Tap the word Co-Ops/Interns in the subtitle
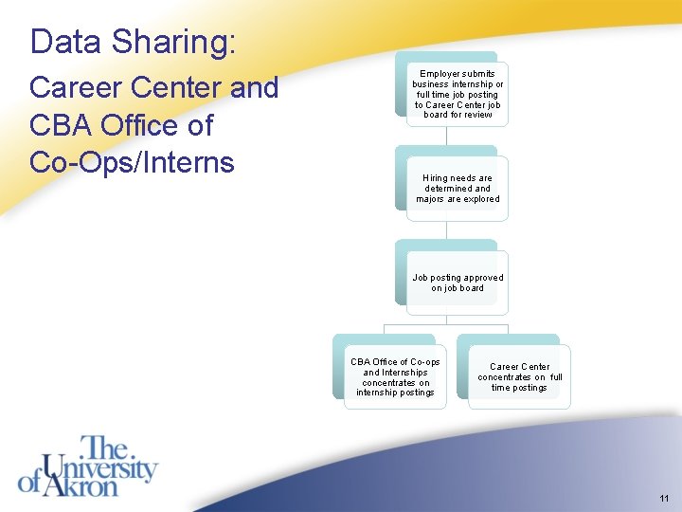[x=132, y=162]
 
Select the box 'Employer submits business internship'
[x=458, y=94]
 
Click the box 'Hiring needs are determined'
[x=458, y=189]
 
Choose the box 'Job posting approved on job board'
[x=458, y=283]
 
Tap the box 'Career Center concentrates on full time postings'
[x=519, y=377]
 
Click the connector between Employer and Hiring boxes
[x=446, y=136]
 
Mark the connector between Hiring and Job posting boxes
[x=446, y=230]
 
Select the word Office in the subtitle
[x=143, y=125]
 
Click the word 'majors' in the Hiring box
[x=431, y=199]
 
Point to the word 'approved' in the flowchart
[x=483, y=278]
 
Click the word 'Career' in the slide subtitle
[x=77, y=88]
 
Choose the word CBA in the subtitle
[x=60, y=125]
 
